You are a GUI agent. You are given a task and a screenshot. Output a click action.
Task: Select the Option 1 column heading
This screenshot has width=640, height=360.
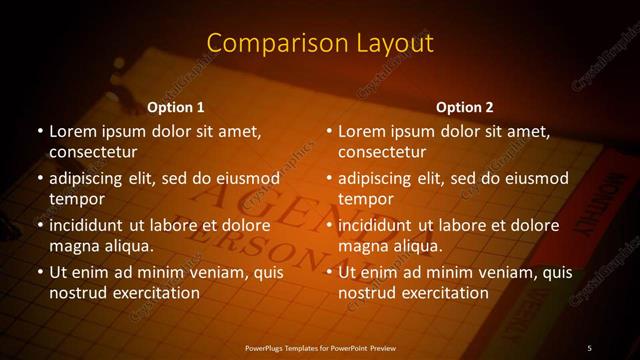(176, 107)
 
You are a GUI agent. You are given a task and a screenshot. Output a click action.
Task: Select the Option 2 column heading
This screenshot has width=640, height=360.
(465, 107)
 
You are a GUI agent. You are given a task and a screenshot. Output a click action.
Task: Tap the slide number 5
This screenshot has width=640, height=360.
(589, 347)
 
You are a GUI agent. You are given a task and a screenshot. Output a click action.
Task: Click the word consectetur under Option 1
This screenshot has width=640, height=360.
(92, 152)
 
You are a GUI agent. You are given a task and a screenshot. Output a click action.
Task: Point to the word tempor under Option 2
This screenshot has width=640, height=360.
(367, 199)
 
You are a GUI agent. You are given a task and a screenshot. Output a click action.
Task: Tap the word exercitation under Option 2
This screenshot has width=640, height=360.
(445, 293)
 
